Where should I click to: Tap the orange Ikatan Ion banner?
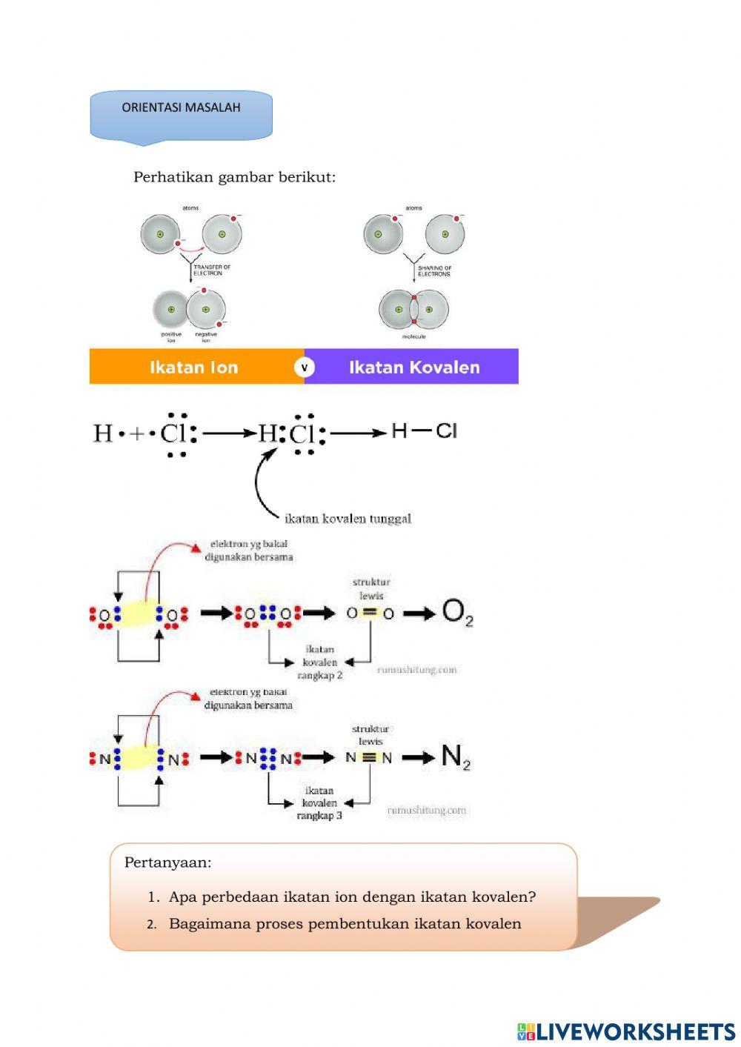(194, 367)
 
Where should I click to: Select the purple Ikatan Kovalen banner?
(414, 367)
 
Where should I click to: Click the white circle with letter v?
(304, 367)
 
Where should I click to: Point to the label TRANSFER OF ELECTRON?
(211, 270)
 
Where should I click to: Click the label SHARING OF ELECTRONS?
(434, 271)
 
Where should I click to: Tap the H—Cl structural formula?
(424, 431)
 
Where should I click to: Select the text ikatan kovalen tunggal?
(348, 519)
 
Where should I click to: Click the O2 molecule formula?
(457, 613)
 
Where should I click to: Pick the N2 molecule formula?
(456, 757)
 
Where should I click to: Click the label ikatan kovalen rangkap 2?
(320, 662)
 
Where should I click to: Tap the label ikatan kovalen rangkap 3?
(319, 803)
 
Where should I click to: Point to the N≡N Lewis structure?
(369, 757)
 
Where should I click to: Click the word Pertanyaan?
(167, 862)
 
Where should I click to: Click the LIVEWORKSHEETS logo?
(626, 1031)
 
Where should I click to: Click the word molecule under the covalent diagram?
(413, 336)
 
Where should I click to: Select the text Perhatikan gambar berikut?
(234, 177)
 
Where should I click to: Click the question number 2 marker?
(151, 924)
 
